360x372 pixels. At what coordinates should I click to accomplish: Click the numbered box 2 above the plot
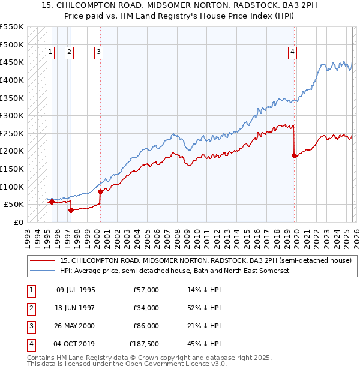[x=70, y=52]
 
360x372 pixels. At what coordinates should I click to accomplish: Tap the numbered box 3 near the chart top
[x=98, y=52]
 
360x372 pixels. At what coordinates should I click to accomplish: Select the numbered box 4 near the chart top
[x=293, y=52]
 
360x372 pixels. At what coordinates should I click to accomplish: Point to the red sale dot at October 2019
[x=294, y=155]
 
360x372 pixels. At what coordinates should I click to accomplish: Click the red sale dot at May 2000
[x=100, y=191]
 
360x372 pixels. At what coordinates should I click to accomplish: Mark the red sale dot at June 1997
[x=71, y=210]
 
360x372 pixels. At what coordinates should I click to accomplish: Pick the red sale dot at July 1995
[x=52, y=202]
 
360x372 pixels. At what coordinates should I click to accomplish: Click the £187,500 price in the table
[x=143, y=344]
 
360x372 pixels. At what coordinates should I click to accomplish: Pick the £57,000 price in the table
[x=146, y=290]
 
